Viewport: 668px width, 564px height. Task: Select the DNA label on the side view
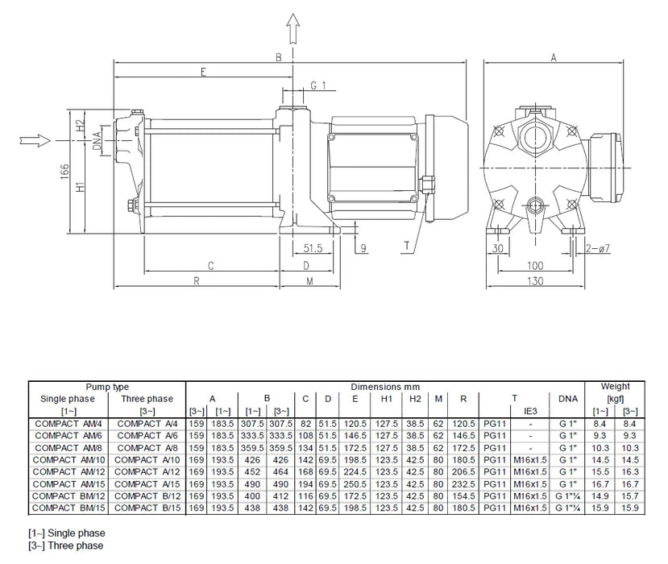(x=97, y=139)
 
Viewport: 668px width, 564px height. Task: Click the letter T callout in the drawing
(x=408, y=245)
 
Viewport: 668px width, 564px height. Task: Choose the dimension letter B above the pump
(x=278, y=57)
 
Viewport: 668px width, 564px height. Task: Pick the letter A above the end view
(x=554, y=57)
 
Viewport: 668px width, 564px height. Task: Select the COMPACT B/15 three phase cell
(x=146, y=509)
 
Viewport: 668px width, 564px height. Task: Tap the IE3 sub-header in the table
(x=529, y=411)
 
